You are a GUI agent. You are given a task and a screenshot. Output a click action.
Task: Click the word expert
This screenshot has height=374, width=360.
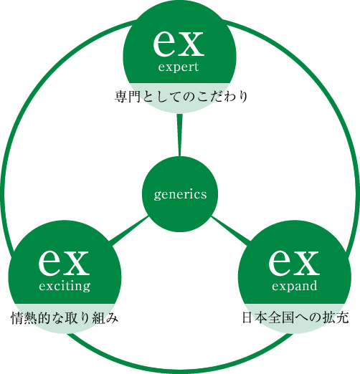pyautogui.click(x=179, y=67)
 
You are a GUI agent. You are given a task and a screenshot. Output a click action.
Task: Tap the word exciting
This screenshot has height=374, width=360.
pyautogui.click(x=65, y=287)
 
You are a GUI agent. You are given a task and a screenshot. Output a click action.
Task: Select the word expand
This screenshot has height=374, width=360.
pyautogui.click(x=295, y=286)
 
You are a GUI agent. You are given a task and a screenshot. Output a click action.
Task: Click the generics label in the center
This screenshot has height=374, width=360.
pyautogui.click(x=180, y=195)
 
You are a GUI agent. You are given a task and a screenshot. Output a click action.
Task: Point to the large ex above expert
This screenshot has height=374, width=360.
pyautogui.click(x=179, y=43)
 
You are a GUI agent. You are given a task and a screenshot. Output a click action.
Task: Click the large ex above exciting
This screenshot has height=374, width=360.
pyautogui.click(x=64, y=262)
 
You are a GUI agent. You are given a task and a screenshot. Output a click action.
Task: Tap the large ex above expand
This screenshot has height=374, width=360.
pyautogui.click(x=294, y=262)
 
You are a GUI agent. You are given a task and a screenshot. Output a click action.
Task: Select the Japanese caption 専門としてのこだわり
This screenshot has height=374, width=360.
pyautogui.click(x=181, y=97)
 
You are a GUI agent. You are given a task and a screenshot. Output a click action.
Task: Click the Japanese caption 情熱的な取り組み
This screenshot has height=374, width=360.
pyautogui.click(x=65, y=318)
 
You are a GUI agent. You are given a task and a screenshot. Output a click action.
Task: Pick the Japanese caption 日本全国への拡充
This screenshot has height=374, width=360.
pyautogui.click(x=295, y=317)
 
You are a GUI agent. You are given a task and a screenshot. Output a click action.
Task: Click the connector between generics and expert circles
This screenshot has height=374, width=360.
pyautogui.click(x=179, y=135)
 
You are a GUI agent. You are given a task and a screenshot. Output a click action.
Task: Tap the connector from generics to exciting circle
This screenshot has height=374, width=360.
pyautogui.click(x=129, y=230)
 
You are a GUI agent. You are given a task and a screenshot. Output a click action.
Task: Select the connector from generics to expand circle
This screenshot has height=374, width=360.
pyautogui.click(x=231, y=231)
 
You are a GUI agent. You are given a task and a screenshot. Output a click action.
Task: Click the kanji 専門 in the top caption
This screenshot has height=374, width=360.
pyautogui.click(x=128, y=97)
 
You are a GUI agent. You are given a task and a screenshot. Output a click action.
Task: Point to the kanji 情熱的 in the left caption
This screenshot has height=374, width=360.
pyautogui.click(x=31, y=318)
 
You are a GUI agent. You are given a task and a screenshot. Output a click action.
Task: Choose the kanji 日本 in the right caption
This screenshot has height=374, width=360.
pyautogui.click(x=255, y=317)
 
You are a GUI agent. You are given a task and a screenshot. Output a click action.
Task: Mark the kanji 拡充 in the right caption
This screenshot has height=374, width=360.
pyautogui.click(x=336, y=317)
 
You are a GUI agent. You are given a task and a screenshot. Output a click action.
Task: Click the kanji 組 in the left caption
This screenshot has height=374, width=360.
pyautogui.click(x=98, y=318)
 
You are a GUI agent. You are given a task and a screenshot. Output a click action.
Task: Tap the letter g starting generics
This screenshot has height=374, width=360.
pyautogui.click(x=157, y=196)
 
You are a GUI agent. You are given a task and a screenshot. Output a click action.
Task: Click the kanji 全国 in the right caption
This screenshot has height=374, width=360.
pyautogui.click(x=281, y=317)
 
